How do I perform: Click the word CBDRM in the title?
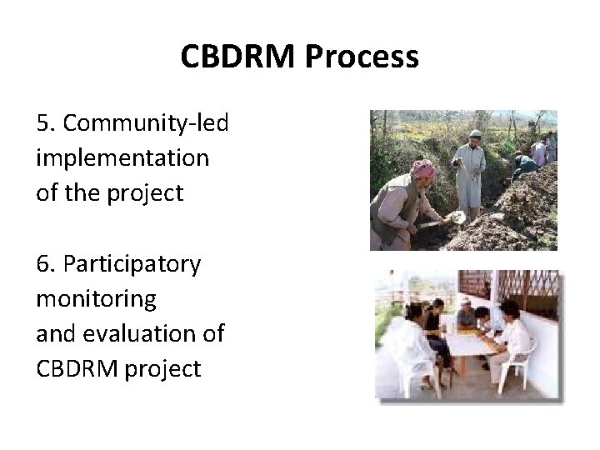click(x=238, y=57)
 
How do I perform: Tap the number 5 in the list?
click(x=44, y=123)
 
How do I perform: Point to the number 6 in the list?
click(x=44, y=264)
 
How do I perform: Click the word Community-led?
click(x=146, y=123)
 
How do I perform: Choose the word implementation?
click(x=122, y=157)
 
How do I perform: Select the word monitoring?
click(x=96, y=297)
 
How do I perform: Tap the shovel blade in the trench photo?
click(x=457, y=217)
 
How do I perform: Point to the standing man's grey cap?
click(x=475, y=133)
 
